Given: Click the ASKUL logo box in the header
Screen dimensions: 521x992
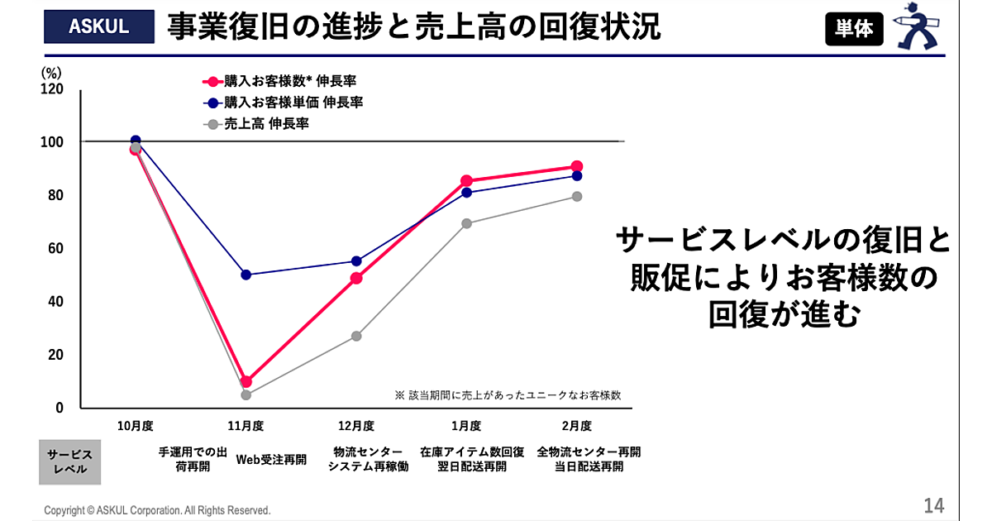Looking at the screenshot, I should pyautogui.click(x=99, y=26).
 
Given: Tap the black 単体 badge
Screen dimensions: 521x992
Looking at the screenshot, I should pyautogui.click(x=854, y=29).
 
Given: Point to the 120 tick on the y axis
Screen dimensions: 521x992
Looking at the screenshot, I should pyautogui.click(x=53, y=88).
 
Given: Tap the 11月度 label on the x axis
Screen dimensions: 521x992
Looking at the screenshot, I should pyautogui.click(x=246, y=426).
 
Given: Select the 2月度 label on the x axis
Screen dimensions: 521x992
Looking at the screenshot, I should pyautogui.click(x=576, y=426).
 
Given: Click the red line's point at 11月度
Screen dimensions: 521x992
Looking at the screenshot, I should pyautogui.click(x=246, y=381).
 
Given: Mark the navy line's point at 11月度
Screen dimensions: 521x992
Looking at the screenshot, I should pyautogui.click(x=246, y=275).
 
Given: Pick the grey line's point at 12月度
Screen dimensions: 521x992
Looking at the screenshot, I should pyautogui.click(x=356, y=336).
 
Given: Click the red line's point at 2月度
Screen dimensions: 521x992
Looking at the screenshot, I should pyautogui.click(x=576, y=166).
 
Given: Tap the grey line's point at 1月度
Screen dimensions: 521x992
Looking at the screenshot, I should pyautogui.click(x=466, y=223).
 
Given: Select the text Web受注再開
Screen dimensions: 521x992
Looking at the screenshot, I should pyautogui.click(x=272, y=459).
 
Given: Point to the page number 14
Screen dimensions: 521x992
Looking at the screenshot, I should pyautogui.click(x=934, y=505).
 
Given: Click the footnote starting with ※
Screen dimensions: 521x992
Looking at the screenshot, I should pyautogui.click(x=508, y=395).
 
